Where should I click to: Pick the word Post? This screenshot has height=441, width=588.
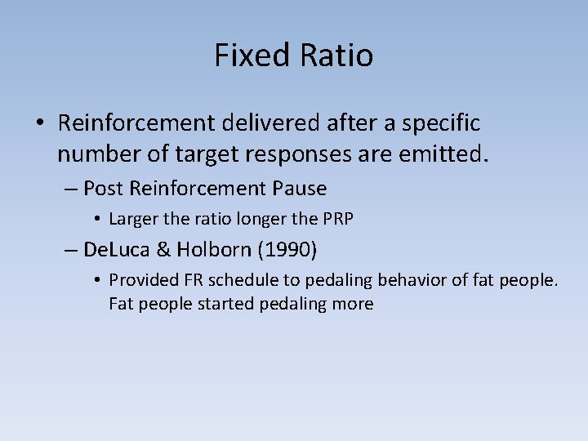tap(103, 189)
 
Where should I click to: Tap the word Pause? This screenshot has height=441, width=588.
tap(299, 189)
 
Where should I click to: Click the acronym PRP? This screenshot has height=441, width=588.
tap(337, 219)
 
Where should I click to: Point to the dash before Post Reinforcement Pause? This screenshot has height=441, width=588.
tap(70, 189)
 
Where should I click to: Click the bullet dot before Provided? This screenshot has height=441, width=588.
tap(96, 281)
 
